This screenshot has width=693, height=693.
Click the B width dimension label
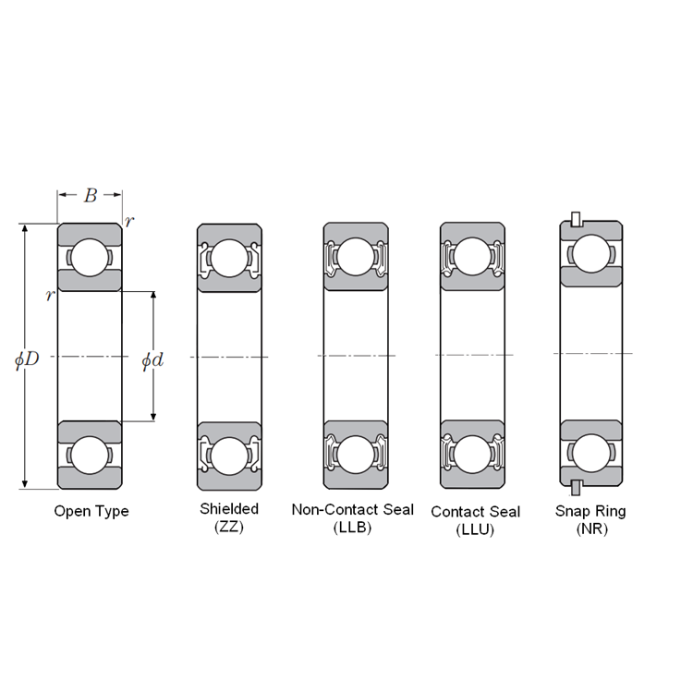pos(91,195)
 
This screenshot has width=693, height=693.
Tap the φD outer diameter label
pos(27,359)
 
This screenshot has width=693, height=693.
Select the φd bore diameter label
pos(152,360)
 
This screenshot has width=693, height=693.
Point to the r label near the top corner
pos(129,222)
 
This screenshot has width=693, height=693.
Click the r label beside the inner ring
pos(50,296)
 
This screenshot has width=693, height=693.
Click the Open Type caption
pos(91,511)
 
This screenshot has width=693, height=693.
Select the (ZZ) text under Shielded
pos(229,527)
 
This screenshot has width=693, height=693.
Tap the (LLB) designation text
pos(352,528)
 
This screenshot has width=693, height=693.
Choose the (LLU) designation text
pos(475,529)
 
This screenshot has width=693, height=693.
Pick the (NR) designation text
pos(591,529)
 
